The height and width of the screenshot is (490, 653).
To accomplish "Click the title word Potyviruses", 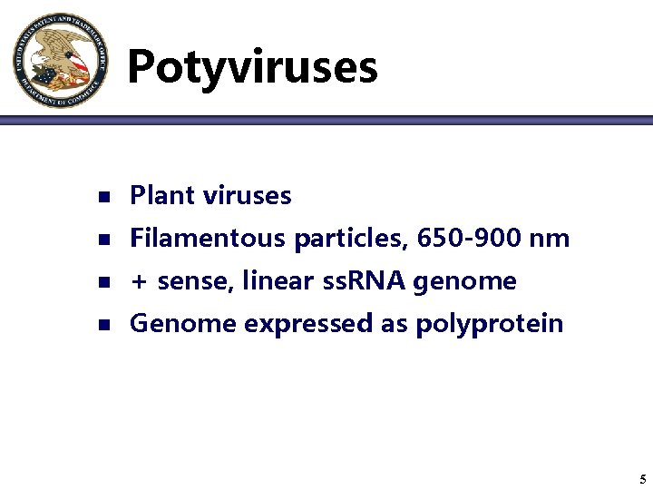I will tap(252, 67).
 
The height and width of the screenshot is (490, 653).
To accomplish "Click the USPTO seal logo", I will tap(61, 60).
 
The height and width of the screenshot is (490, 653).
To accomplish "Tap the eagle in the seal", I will tap(60, 57).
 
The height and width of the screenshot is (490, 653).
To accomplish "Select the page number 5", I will tap(641, 479).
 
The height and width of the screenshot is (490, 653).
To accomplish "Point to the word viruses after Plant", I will tap(248, 195).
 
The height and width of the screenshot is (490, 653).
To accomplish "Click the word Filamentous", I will tap(208, 239).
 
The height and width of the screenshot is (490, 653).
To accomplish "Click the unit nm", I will tap(551, 239).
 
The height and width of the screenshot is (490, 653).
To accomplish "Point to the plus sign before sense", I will tap(139, 282).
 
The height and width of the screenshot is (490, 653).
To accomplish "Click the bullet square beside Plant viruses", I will tap(103, 196).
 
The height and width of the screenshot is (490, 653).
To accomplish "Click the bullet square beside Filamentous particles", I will tap(103, 240).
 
